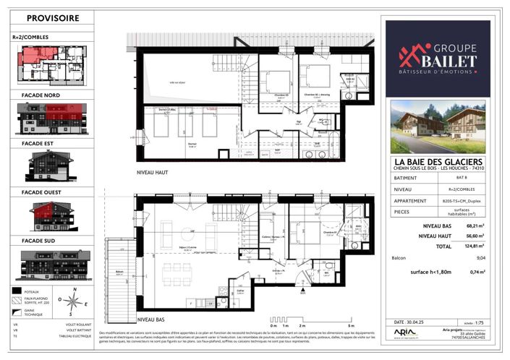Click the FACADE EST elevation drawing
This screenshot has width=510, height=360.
tap(51, 167)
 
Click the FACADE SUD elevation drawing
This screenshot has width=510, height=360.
tap(51, 265)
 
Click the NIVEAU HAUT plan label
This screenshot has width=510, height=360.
tap(153, 174)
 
